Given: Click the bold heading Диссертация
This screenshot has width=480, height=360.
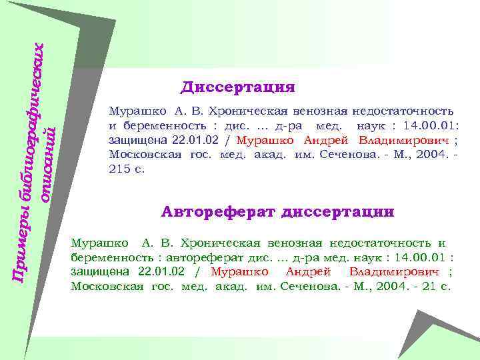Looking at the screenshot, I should click(237, 87).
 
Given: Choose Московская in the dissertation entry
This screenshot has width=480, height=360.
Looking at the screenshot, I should click(141, 155).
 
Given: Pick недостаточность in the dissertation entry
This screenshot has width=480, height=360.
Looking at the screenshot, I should click(403, 111).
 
